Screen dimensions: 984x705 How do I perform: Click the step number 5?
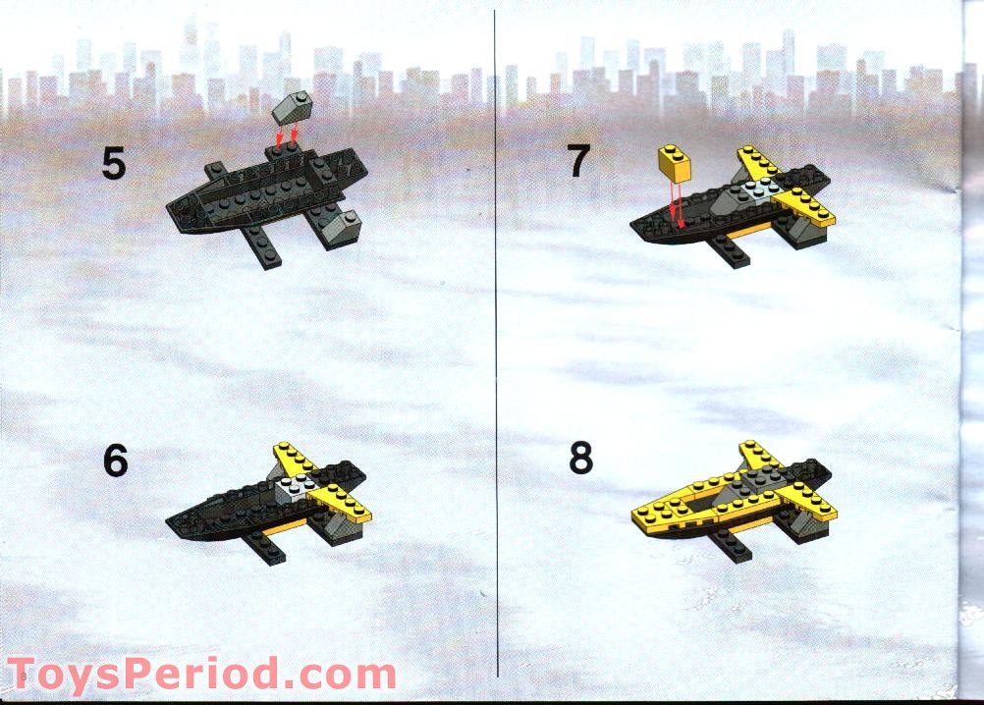pyautogui.click(x=114, y=164)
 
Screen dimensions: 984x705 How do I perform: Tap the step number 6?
pyautogui.click(x=116, y=461)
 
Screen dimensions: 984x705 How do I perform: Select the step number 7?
pyautogui.click(x=578, y=160)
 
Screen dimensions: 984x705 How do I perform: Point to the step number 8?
pyautogui.click(x=581, y=458)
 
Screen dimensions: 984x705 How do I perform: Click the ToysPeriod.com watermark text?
pyautogui.click(x=202, y=675)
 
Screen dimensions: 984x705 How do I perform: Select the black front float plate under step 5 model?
pyautogui.click(x=262, y=246)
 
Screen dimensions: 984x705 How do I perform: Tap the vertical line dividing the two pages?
pyautogui.click(x=496, y=344)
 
